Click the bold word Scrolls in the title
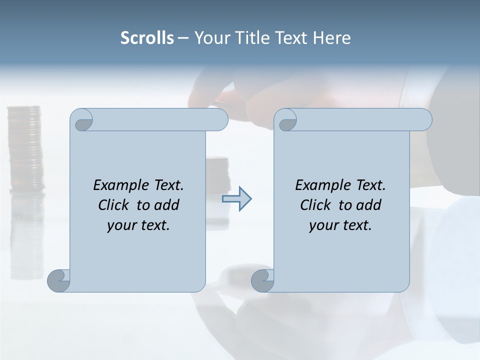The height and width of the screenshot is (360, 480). pyautogui.click(x=147, y=38)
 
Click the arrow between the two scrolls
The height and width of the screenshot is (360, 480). pyautogui.click(x=236, y=199)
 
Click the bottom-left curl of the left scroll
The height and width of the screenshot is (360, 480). pyautogui.click(x=58, y=280)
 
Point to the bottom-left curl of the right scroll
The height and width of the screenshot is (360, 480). pyautogui.click(x=262, y=280)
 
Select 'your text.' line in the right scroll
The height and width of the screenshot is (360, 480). pyautogui.click(x=340, y=225)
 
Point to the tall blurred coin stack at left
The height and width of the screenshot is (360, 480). pyautogui.click(x=25, y=150)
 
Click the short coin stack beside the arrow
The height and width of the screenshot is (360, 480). pyautogui.click(x=217, y=172)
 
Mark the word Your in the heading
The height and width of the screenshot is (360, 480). pyautogui.click(x=209, y=38)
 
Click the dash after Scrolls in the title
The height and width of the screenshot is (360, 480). pyautogui.click(x=183, y=38)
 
